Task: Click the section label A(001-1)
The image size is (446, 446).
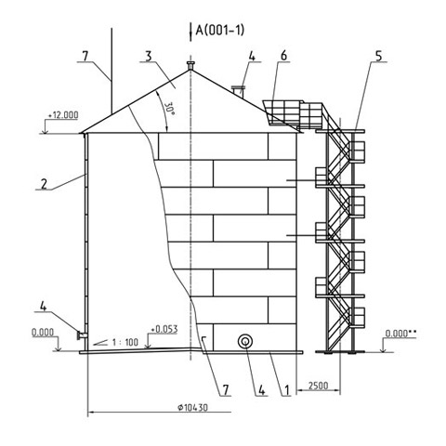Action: pyautogui.click(x=219, y=31)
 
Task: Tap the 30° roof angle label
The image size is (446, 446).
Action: pyautogui.click(x=170, y=109)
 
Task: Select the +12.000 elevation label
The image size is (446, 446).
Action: pyautogui.click(x=63, y=115)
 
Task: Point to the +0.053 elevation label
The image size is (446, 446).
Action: pyautogui.click(x=164, y=329)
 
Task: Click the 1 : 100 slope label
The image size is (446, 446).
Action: pyautogui.click(x=125, y=342)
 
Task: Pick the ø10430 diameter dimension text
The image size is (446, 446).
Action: pyautogui.click(x=192, y=407)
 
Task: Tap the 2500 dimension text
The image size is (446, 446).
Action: pyautogui.click(x=318, y=386)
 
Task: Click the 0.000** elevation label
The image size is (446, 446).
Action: pyautogui.click(x=400, y=334)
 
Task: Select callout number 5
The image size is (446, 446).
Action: pyautogui.click(x=378, y=56)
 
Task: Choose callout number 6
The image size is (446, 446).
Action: pyautogui.click(x=283, y=56)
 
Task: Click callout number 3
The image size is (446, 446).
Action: pyautogui.click(x=149, y=56)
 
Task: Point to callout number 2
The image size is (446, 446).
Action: pyautogui.click(x=44, y=184)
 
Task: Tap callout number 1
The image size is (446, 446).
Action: pyautogui.click(x=287, y=390)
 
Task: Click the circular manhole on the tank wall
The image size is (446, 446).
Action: pyautogui.click(x=244, y=342)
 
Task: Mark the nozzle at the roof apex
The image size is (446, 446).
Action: pyautogui.click(x=190, y=66)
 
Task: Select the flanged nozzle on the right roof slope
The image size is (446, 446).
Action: pyautogui.click(x=239, y=91)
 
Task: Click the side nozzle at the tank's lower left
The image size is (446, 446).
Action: pyautogui.click(x=82, y=335)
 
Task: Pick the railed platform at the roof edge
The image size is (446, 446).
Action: pyautogui.click(x=293, y=114)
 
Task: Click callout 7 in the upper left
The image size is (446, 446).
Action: pyautogui.click(x=85, y=56)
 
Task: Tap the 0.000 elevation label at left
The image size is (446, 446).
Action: pyautogui.click(x=43, y=333)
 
